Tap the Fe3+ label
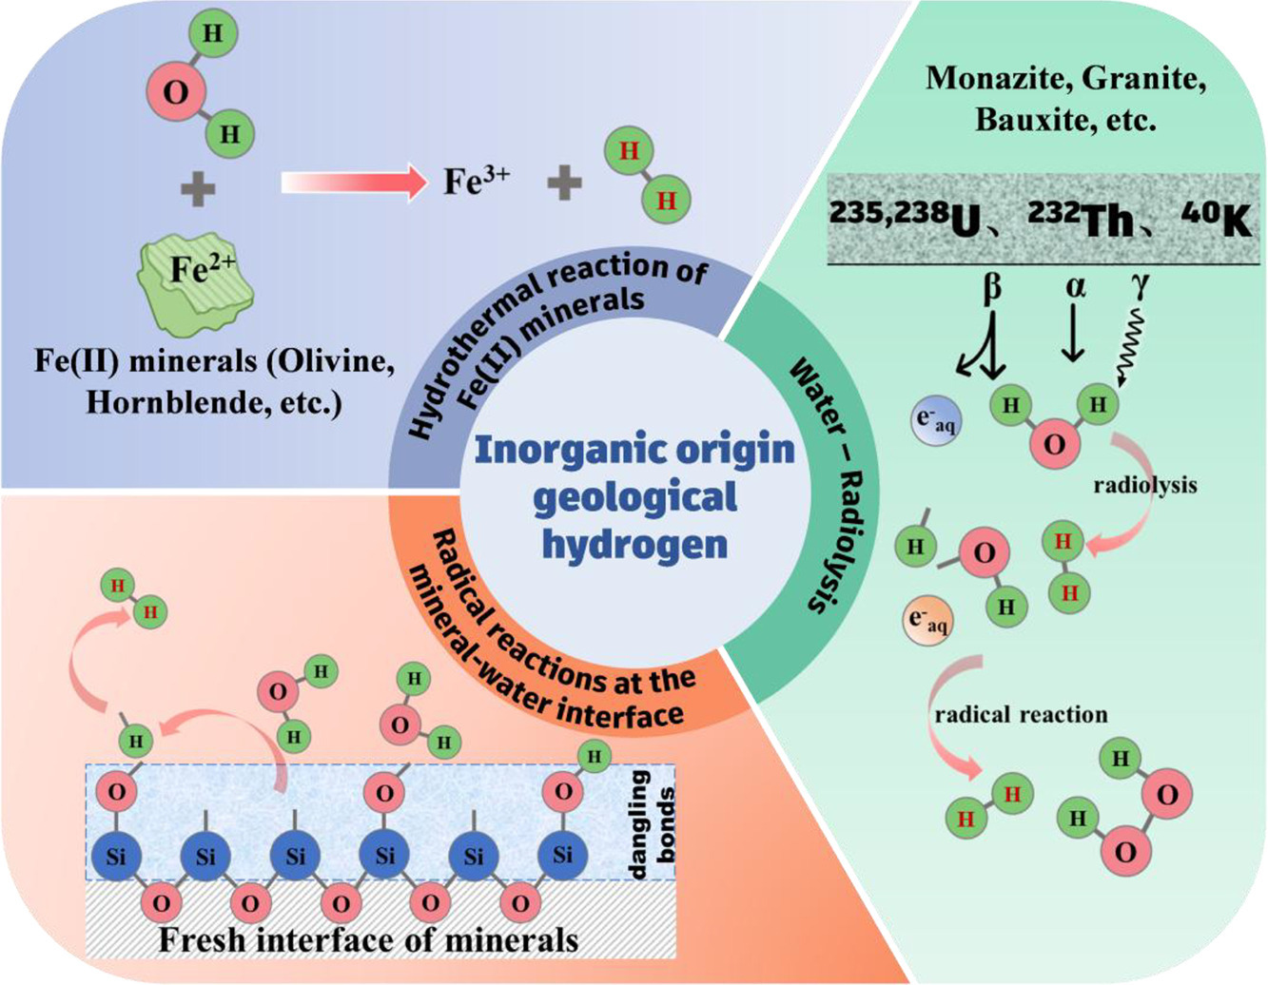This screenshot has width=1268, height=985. point(476,182)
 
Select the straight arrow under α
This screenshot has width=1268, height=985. point(1073,332)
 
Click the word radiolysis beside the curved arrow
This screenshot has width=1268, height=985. point(1144,486)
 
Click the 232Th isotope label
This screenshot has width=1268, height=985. point(1081,219)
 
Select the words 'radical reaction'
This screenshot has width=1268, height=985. point(1021,714)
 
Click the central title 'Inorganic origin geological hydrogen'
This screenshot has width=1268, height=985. point(634,496)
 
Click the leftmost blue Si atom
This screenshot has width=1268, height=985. point(115,856)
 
